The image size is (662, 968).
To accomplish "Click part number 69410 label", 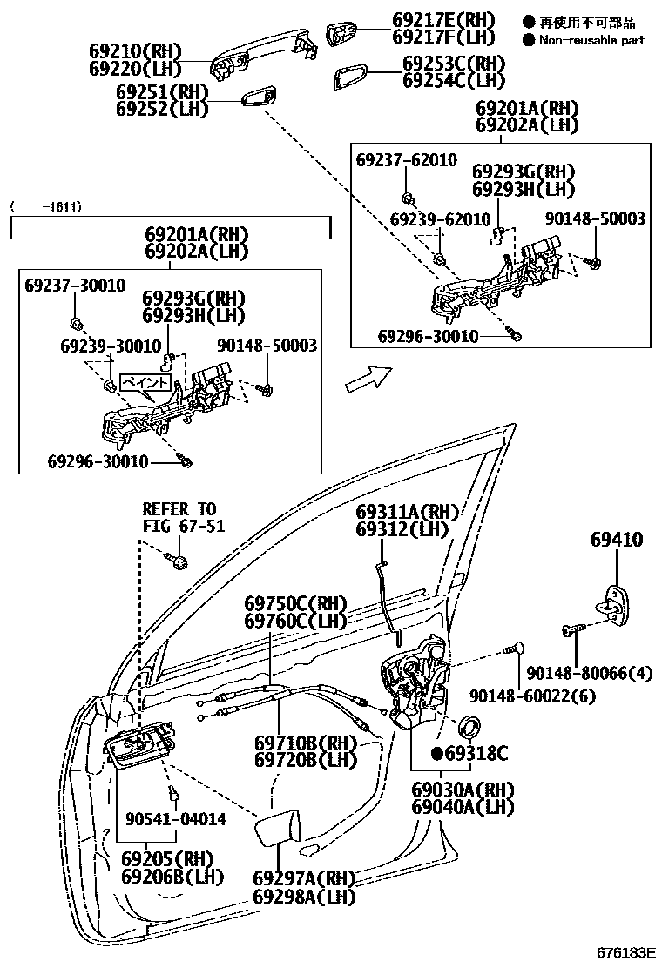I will pos(615,540).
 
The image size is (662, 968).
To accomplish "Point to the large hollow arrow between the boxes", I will pos(367,378).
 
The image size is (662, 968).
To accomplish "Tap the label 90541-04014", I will pos(175,819).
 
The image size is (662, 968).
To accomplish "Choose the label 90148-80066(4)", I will pos(599,673).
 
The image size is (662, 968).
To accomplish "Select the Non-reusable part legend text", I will pos(591,40).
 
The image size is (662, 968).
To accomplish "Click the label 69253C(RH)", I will pos(453,64).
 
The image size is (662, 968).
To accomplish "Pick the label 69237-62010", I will pos(406,160).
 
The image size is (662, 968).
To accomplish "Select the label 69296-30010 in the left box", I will pos(98,460).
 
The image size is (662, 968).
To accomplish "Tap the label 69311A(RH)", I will pos(406,512).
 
